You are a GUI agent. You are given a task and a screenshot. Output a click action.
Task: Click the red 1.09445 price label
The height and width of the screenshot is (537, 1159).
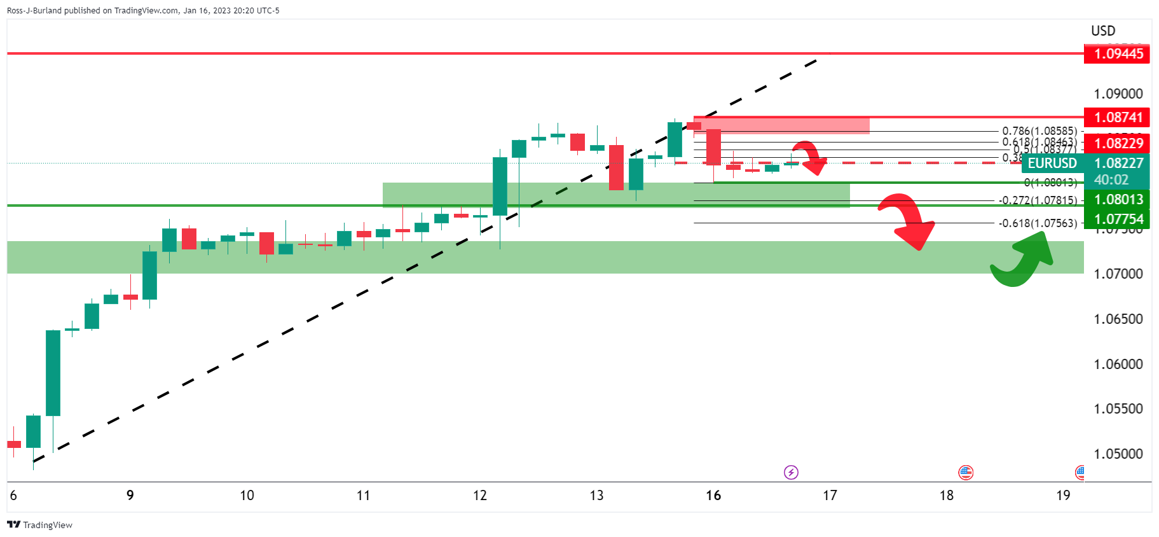point(1117,53)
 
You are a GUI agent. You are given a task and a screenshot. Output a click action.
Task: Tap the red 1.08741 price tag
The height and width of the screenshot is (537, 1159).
point(1117,117)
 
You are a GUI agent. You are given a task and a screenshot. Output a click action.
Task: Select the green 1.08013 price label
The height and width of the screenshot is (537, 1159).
point(1117,199)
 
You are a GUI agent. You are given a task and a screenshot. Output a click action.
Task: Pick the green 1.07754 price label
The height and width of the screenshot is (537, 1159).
point(1117,219)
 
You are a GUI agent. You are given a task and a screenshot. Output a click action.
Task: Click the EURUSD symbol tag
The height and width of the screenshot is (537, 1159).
point(1052,163)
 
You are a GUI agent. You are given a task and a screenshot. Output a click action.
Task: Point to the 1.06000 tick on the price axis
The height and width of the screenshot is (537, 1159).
point(1118,364)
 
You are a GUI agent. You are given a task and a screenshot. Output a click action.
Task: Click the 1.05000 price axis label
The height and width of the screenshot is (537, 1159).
point(1118,454)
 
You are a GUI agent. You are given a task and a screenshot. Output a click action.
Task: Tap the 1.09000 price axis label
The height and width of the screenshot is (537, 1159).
point(1118,94)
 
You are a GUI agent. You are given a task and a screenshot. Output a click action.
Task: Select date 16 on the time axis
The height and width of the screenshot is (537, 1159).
point(713,495)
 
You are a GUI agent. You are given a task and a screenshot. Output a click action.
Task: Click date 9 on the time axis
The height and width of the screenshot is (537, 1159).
point(130,495)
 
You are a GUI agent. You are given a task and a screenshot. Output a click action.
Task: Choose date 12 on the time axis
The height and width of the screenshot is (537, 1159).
point(480,495)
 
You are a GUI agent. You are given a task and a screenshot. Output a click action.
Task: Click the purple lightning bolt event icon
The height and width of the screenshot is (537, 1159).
point(791,472)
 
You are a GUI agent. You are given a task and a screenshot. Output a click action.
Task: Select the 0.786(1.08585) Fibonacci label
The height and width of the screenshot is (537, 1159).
point(1039,131)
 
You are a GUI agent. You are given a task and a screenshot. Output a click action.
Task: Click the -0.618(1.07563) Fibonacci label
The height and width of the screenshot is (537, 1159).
point(1038,223)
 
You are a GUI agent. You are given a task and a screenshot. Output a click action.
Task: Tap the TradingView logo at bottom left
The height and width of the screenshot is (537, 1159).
point(39,525)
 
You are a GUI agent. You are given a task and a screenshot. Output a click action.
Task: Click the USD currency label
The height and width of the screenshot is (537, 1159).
point(1103,31)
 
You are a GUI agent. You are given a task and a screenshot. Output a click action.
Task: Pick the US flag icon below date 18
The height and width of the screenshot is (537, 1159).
point(966,472)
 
